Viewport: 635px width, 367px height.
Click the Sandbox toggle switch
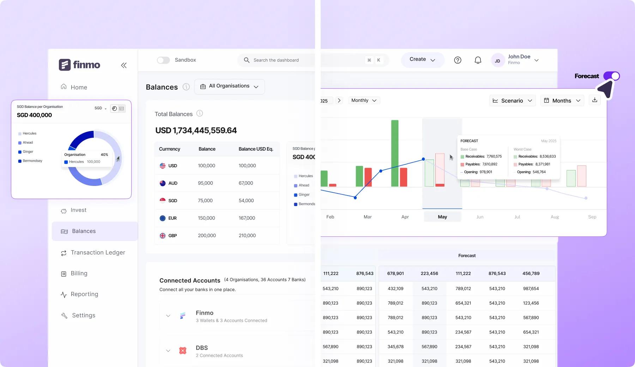click(163, 60)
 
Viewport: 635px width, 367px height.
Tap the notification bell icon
click(478, 60)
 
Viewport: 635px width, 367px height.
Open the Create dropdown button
click(422, 60)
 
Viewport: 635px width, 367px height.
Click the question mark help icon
click(458, 60)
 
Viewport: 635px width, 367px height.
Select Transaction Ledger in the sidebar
click(98, 253)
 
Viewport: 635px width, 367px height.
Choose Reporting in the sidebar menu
click(84, 294)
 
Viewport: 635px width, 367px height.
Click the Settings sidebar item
click(83, 315)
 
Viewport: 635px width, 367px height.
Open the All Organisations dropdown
click(229, 86)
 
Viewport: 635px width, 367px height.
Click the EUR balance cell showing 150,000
click(206, 218)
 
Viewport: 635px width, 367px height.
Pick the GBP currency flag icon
click(163, 236)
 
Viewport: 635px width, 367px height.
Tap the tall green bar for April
click(395, 153)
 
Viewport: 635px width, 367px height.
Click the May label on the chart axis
click(442, 217)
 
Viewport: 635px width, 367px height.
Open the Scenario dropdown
click(512, 101)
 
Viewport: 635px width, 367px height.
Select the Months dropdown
click(562, 101)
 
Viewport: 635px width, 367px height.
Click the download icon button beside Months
click(594, 100)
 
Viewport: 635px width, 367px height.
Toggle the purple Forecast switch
click(611, 76)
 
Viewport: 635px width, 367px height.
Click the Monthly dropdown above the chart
click(364, 101)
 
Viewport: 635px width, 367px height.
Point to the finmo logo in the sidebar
click(79, 65)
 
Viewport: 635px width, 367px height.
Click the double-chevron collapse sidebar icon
click(124, 65)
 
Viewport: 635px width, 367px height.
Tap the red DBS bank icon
click(183, 350)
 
